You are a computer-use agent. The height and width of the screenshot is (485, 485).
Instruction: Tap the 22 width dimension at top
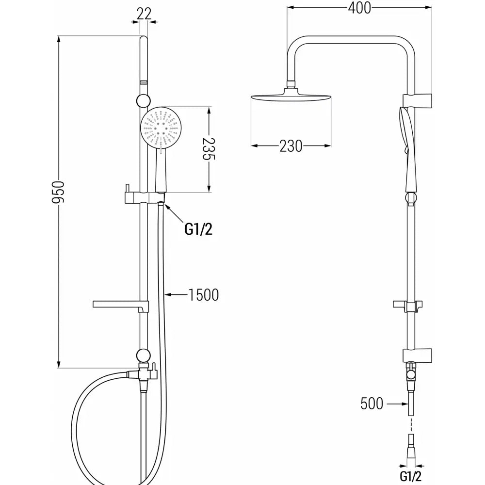143,14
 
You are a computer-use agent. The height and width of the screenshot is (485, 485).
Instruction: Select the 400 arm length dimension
359,8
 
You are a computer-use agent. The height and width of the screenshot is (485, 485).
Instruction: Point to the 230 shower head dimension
291,146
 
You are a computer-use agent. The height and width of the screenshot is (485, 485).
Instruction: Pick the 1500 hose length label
204,294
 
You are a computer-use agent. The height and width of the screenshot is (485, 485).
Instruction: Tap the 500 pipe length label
372,403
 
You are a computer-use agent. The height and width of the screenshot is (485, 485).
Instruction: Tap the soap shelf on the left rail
119,305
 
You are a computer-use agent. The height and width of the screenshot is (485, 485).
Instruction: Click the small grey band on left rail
143,82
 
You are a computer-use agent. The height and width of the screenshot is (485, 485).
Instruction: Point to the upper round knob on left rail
143,100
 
